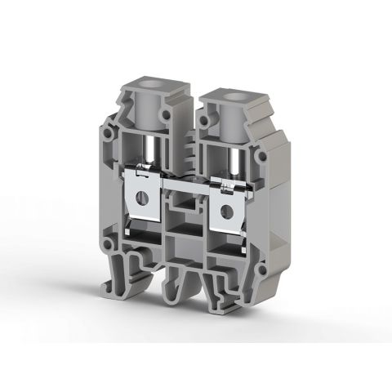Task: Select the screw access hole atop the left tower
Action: pyautogui.click(x=149, y=84)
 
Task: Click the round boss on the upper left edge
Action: pyautogui.click(x=107, y=132)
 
